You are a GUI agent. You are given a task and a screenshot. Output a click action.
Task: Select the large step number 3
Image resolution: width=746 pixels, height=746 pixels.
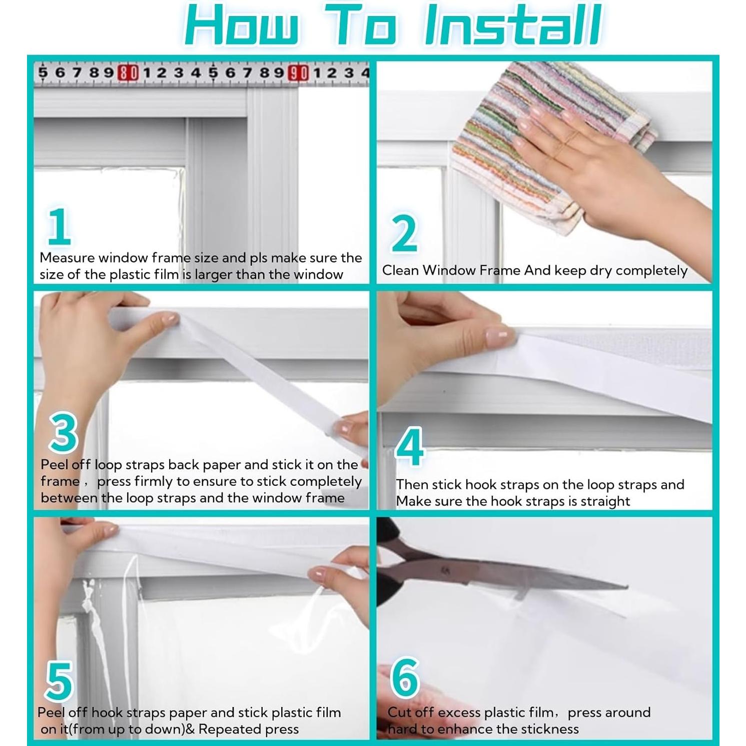point(64,433)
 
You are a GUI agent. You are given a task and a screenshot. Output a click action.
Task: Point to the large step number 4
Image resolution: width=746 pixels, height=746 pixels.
point(409,446)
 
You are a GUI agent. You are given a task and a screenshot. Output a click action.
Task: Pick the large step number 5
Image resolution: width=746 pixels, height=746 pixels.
point(60,681)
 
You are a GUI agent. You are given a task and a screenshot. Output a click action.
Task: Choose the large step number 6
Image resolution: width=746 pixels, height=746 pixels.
point(405,677)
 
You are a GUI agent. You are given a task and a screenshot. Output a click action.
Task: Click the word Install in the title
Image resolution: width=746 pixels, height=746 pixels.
point(512,25)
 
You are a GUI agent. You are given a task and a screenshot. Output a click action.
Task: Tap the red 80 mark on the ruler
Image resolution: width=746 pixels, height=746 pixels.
point(128,73)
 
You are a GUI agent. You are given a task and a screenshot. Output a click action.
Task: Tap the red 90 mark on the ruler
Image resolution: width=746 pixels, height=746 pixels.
point(299,73)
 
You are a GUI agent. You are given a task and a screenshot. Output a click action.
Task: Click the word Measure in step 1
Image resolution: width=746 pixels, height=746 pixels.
point(67,258)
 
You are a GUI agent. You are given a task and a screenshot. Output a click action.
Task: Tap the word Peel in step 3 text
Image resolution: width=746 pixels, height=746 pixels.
point(53,464)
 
